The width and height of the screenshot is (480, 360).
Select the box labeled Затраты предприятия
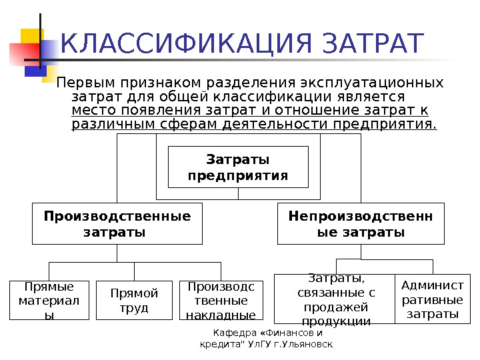click(x=238, y=167)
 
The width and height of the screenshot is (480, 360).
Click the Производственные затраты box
click(x=117, y=225)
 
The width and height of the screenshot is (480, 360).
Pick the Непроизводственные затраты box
click(x=360, y=225)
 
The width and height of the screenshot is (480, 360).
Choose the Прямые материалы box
click(x=49, y=301)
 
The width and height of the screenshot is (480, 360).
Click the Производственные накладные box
click(x=221, y=301)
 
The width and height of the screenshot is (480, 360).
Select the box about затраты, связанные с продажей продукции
click(x=335, y=300)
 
